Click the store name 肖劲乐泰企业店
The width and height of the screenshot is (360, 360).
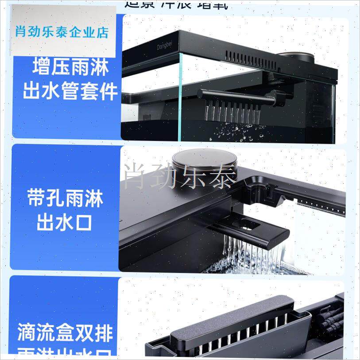tap(62, 32)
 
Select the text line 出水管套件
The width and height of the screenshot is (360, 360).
tap(70, 92)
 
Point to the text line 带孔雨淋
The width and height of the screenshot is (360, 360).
tap(65, 199)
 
